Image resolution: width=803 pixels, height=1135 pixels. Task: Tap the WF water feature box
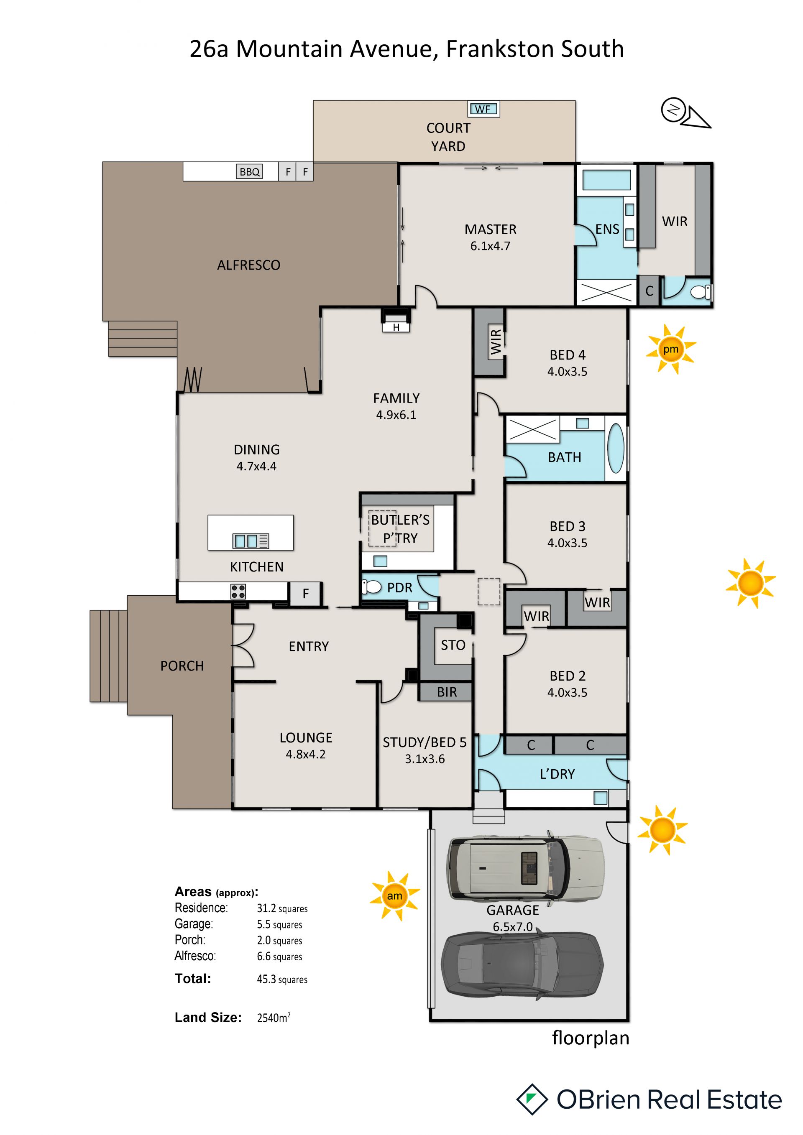(x=483, y=109)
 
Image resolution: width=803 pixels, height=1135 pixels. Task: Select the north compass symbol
(x=685, y=113)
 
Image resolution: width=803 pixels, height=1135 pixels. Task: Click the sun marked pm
(x=670, y=349)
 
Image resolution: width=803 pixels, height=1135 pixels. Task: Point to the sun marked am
(x=394, y=896)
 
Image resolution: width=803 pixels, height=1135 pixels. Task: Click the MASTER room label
(x=490, y=230)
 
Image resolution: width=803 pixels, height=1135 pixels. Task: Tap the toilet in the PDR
(x=372, y=587)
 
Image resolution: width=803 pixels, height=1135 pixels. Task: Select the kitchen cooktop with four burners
(x=238, y=591)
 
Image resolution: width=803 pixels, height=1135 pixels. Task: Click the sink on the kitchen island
(x=251, y=541)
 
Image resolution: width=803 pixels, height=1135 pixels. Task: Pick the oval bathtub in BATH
(x=616, y=449)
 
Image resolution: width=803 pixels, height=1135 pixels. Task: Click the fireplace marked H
(x=396, y=320)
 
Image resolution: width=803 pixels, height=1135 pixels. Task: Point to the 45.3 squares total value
(x=282, y=979)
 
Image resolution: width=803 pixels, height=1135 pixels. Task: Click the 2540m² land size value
(x=274, y=1018)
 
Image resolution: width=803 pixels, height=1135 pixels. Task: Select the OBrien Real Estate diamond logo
(x=532, y=1099)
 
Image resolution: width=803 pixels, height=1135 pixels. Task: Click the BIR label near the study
(x=447, y=692)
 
